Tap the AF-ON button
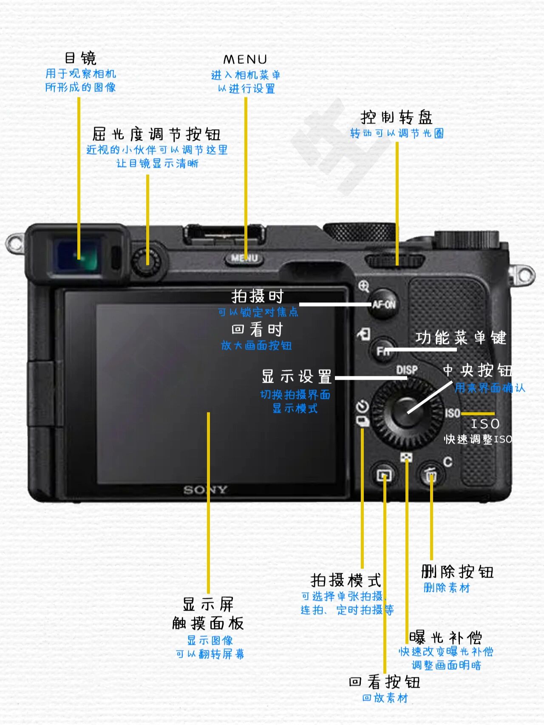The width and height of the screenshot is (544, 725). coord(384,304)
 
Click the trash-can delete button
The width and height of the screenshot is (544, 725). coord(431,475)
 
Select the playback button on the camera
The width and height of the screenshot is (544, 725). coord(385,475)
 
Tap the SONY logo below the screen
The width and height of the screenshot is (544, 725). coord(205,490)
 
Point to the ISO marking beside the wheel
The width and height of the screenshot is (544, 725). coord(452,413)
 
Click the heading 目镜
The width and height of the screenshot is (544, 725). coord(80,58)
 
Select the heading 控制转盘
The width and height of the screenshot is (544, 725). coord(397,117)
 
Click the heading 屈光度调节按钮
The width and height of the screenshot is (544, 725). coord(156,134)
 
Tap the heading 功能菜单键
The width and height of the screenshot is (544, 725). coord(461,338)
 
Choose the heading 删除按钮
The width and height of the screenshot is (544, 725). coord(457,571)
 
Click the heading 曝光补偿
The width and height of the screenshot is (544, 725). coord(445,637)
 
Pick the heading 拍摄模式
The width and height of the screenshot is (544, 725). coord(346,580)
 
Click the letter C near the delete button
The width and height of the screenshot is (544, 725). coord(448,462)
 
